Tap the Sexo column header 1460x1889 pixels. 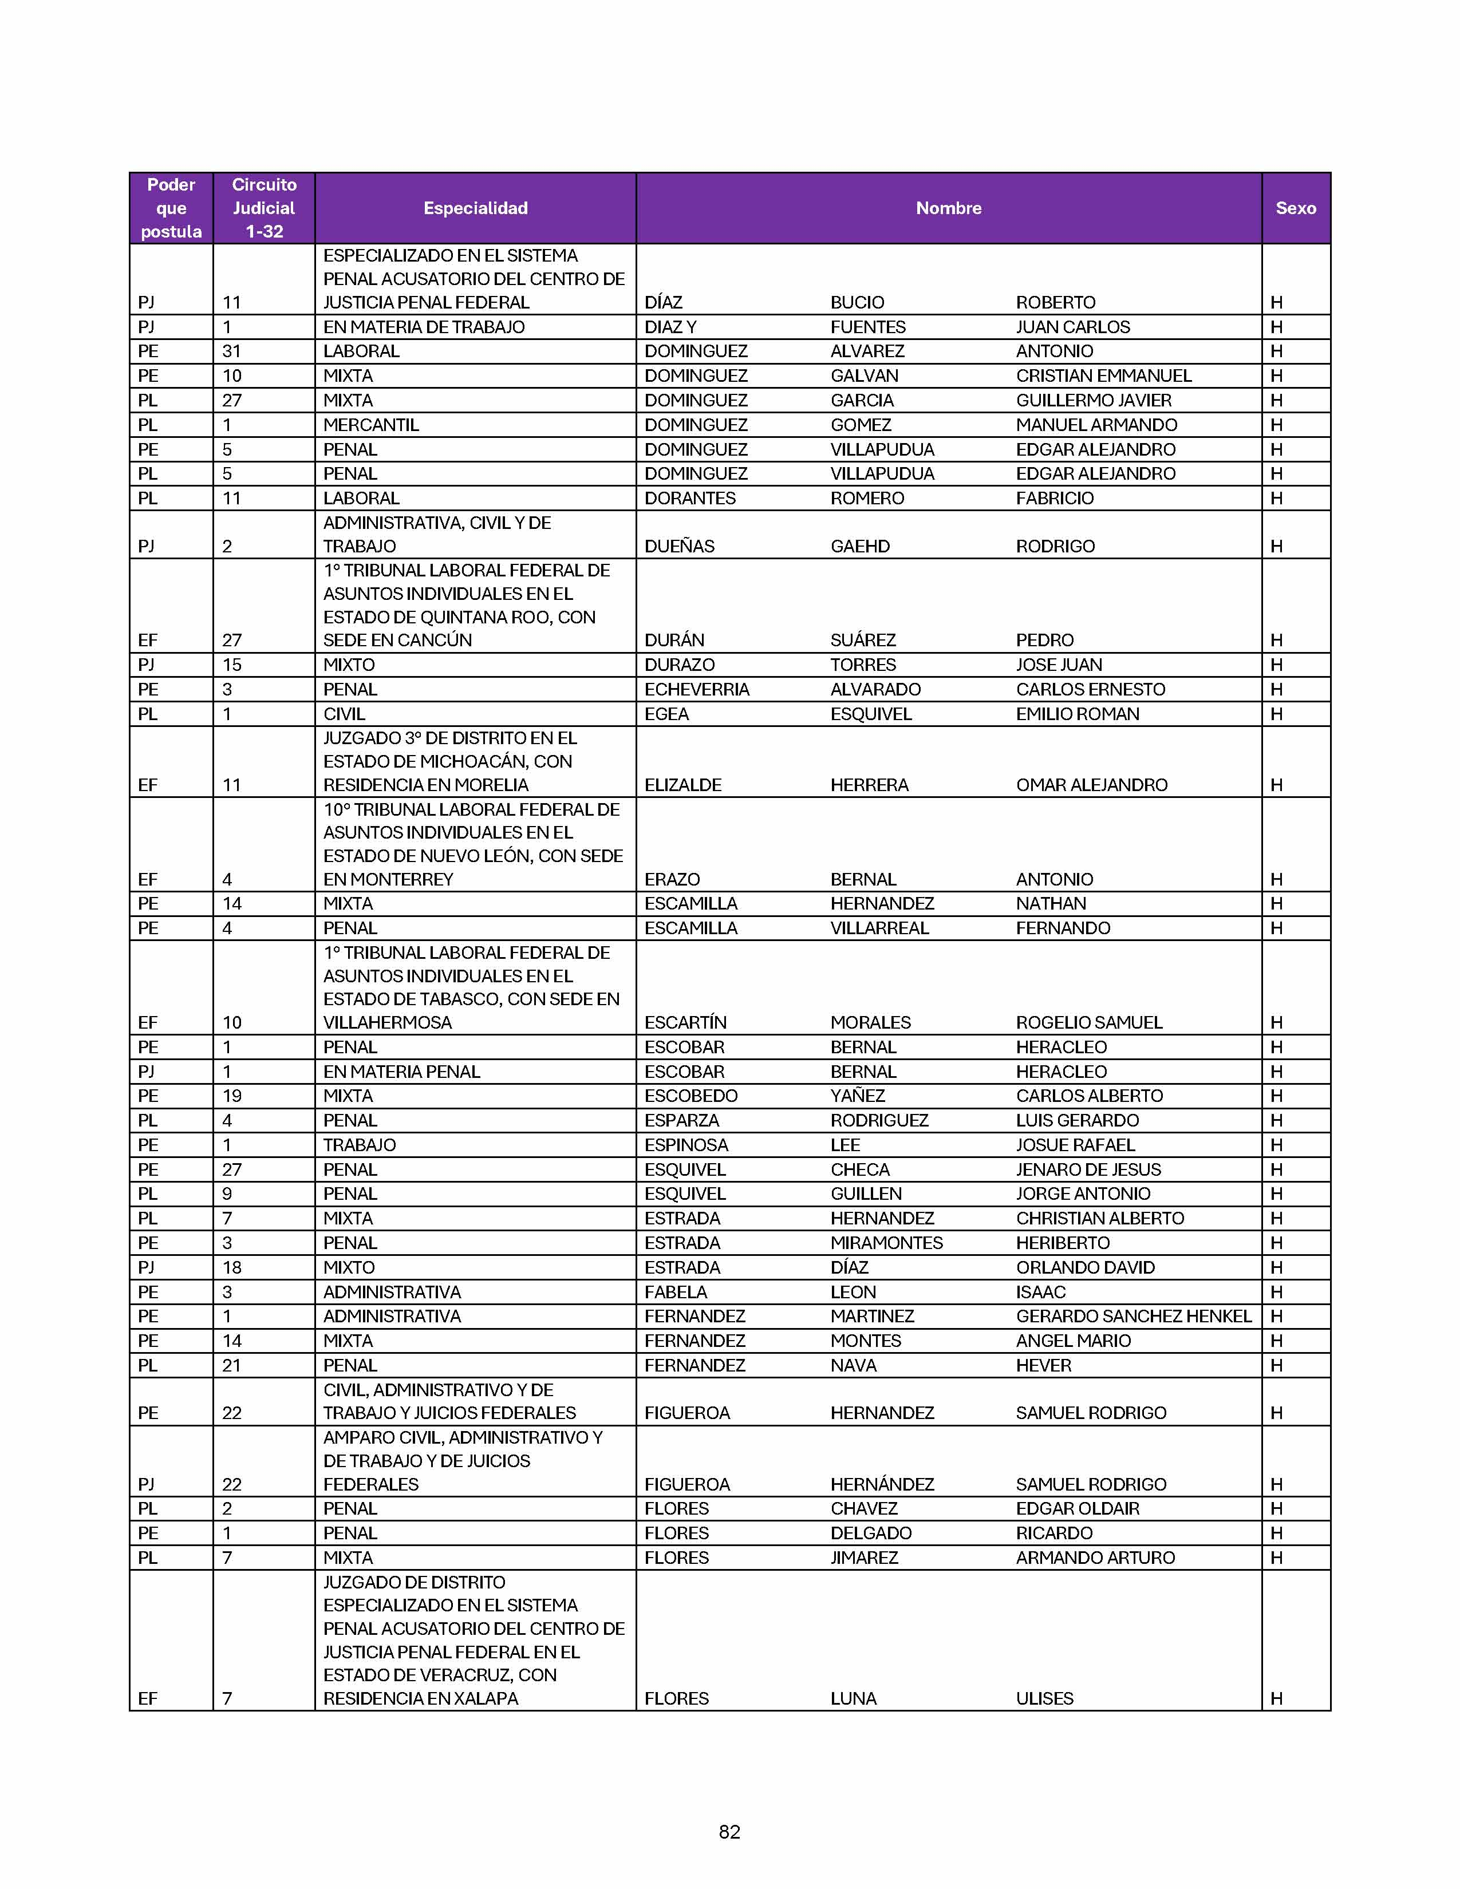[1295, 208]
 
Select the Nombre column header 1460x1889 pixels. [948, 208]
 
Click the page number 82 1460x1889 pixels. [729, 1831]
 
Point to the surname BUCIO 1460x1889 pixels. [857, 303]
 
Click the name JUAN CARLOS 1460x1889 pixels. [1072, 327]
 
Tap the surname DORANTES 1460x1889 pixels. [689, 498]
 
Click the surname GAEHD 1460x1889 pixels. [860, 547]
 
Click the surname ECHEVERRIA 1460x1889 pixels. [696, 689]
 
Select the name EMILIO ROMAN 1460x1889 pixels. [1077, 714]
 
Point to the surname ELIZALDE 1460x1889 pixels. [682, 785]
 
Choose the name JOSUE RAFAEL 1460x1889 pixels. [1075, 1145]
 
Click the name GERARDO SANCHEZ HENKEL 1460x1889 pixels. [1133, 1317]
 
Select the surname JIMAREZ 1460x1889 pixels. [864, 1558]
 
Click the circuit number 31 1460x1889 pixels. [231, 351]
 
